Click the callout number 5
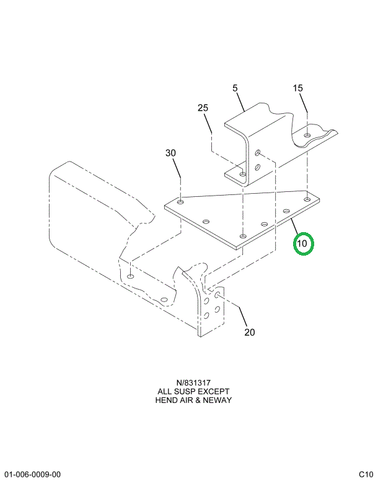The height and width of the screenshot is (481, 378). coord(235,89)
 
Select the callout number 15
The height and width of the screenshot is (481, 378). coord(298,89)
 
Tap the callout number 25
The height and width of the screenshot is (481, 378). coord(203,108)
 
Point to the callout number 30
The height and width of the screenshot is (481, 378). coord(170,153)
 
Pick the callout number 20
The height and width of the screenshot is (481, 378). coord(249,332)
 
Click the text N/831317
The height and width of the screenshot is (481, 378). coord(189,383)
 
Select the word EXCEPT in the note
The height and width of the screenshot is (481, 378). coord(214,392)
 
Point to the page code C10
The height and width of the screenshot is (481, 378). coord(366,474)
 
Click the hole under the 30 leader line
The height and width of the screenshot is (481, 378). coord(180,202)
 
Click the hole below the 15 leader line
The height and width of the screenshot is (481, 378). coord(308,134)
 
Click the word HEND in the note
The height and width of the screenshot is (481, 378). coord(166,401)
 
